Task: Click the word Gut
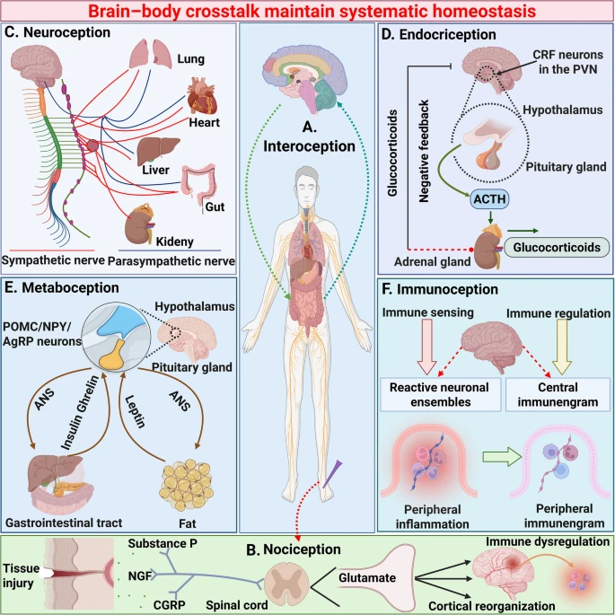click(x=215, y=208)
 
